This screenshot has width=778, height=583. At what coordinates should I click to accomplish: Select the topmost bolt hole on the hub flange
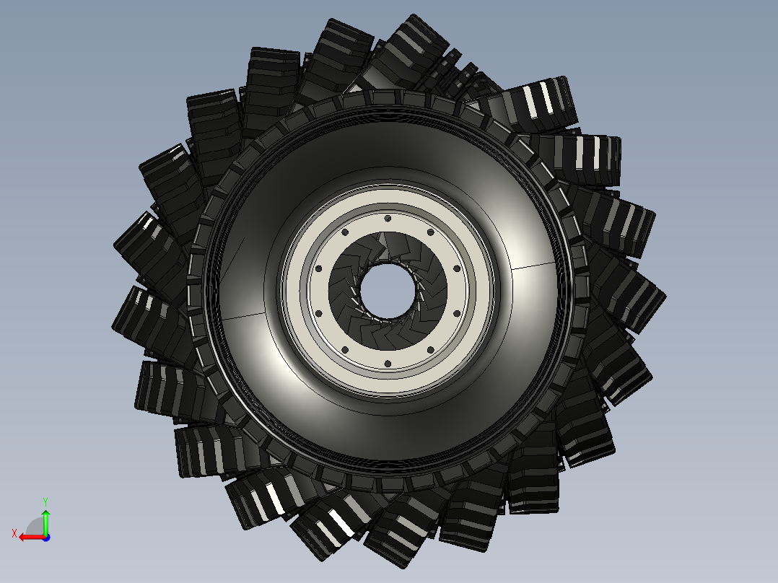pyautogui.click(x=388, y=217)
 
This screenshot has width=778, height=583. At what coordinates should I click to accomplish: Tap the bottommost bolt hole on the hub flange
pyautogui.click(x=388, y=364)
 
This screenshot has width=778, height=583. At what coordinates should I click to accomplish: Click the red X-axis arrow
pyautogui.click(x=29, y=537)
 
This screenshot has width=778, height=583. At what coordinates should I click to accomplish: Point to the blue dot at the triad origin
pyautogui.click(x=45, y=537)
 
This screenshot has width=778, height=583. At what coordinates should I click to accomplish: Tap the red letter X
pyautogui.click(x=14, y=533)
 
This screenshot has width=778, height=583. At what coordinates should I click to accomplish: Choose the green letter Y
pyautogui.click(x=45, y=500)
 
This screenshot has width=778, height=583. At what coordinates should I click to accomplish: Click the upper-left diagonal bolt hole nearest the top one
pyautogui.click(x=344, y=232)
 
